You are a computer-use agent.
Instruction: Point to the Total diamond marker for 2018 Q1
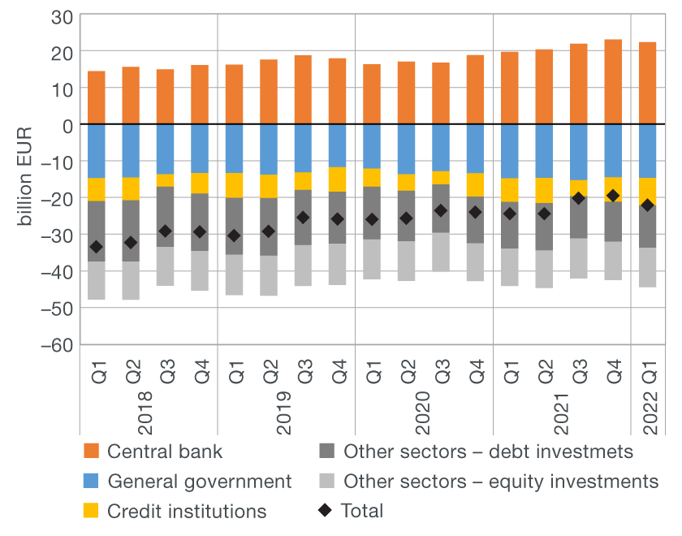97,247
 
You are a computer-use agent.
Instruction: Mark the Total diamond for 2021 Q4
614,196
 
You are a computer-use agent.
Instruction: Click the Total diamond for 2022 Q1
648,205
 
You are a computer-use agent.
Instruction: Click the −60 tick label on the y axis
58,344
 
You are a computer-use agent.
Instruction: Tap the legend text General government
200,481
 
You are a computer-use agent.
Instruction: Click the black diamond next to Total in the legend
326,511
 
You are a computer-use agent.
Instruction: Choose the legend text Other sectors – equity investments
501,481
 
